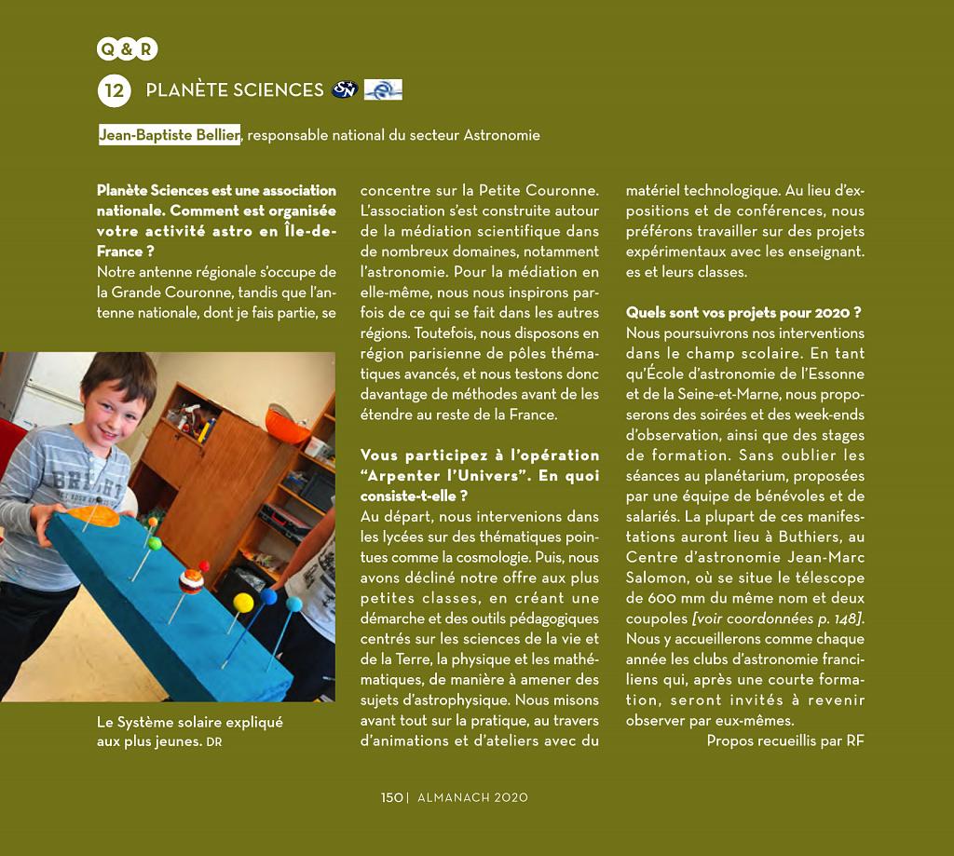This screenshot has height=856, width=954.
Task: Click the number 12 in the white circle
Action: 114,90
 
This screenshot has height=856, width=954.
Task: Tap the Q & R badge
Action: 127,49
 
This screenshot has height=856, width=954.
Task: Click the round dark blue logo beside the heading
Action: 344,89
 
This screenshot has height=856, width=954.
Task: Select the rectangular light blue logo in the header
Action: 383,89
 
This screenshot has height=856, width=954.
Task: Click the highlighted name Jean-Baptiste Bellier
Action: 170,135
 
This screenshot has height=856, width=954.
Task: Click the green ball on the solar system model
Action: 155,543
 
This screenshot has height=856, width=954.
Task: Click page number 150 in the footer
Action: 391,797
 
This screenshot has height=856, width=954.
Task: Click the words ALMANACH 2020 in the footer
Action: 472,797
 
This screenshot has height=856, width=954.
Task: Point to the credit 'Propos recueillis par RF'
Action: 785,741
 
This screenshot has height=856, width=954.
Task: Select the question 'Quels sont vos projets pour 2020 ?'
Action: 743,313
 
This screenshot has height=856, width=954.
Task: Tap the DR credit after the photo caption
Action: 214,742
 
